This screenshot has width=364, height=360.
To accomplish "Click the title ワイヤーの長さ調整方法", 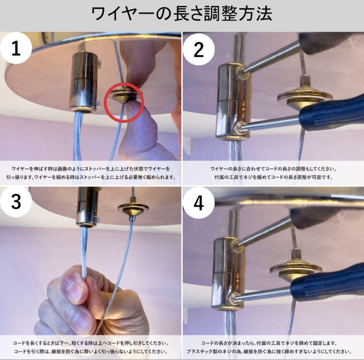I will coord(182,14).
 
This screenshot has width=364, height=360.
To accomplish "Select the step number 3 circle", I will coord(16,202).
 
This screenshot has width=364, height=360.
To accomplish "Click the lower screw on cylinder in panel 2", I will coord(238,128).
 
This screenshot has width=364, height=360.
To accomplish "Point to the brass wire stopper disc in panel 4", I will coord(296,268).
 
